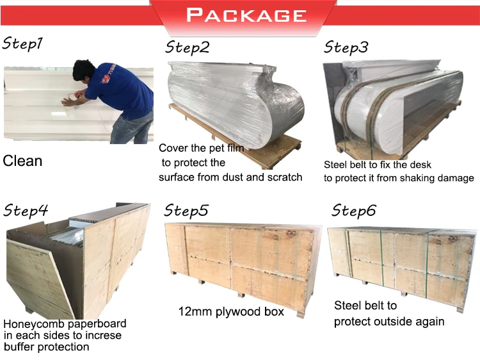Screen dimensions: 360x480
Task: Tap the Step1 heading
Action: [23, 45]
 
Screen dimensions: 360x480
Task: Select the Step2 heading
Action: [187, 47]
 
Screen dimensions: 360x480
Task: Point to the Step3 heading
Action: [346, 47]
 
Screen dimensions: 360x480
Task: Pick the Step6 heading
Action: [354, 210]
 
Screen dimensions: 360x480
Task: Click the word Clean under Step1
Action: [22, 161]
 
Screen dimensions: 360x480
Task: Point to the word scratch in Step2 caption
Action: [284, 177]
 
